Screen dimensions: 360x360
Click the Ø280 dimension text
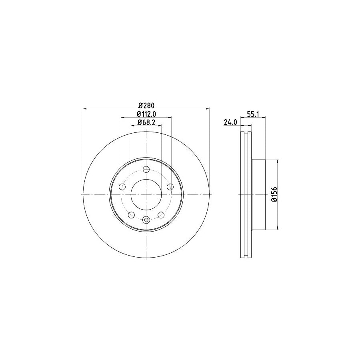point(146,105)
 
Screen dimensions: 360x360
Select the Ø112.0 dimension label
point(146,114)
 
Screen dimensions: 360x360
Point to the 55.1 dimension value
point(253,114)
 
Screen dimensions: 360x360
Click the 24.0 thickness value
point(231,123)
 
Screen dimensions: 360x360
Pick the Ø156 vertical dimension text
point(274,194)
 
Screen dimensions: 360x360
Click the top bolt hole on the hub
point(146,169)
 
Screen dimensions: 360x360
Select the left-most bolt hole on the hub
point(122,186)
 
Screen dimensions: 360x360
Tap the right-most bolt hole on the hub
point(170,186)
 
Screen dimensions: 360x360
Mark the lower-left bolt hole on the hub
point(131,215)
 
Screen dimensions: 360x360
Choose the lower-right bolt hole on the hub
point(161,215)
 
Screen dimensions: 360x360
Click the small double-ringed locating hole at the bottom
point(146,219)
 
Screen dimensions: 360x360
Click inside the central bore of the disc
point(146,194)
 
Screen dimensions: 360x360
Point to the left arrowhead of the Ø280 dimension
point(85,109)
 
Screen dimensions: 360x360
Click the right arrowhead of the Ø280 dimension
point(207,109)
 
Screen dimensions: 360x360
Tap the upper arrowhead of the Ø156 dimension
point(277,161)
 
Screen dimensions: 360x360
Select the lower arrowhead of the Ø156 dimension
point(277,228)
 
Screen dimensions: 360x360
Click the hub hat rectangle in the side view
point(258,194)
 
